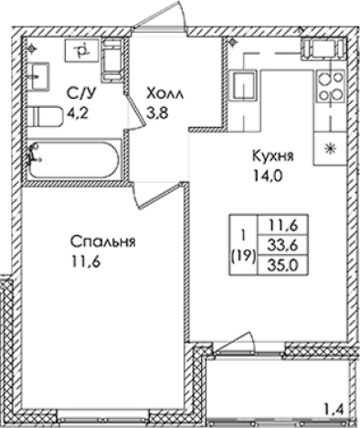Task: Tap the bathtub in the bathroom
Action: pyautogui.click(x=73, y=161)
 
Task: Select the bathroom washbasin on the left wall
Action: pyautogui.click(x=38, y=74)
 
